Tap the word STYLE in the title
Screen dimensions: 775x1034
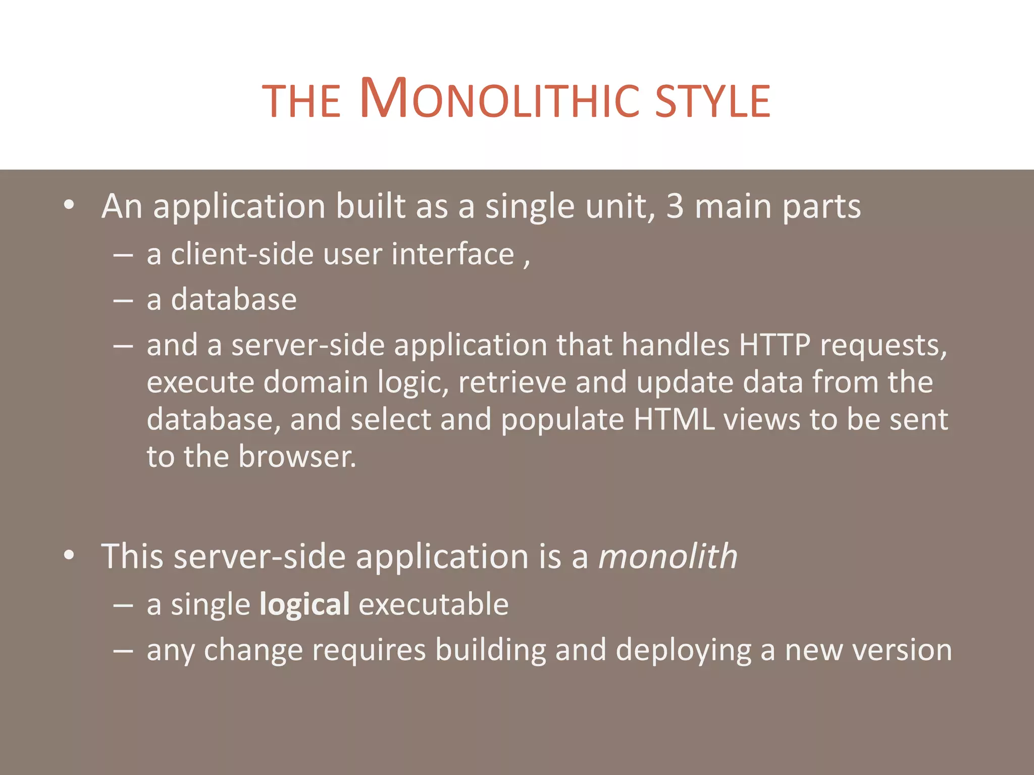click(x=712, y=101)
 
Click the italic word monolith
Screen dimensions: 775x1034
click(x=667, y=557)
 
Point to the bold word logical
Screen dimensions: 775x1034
click(x=304, y=604)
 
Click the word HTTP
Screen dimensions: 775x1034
click(x=774, y=346)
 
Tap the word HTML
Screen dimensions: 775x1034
click(x=674, y=420)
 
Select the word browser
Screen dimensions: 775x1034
click(x=297, y=457)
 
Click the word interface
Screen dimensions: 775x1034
click(x=452, y=254)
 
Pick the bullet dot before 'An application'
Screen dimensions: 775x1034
click(x=69, y=206)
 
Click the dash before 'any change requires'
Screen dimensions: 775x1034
click(x=123, y=651)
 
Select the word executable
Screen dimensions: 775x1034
click(x=433, y=604)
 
